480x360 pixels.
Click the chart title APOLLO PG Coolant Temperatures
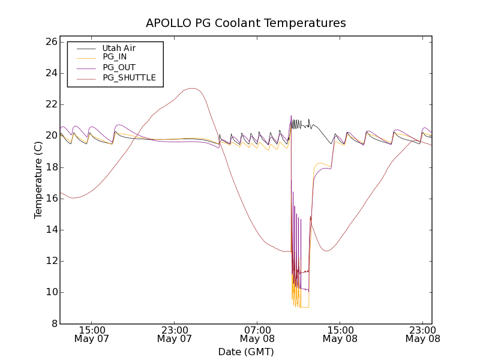click(246, 23)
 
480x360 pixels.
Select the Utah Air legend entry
click(118, 47)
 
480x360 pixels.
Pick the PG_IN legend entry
click(115, 57)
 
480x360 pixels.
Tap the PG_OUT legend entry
click(119, 67)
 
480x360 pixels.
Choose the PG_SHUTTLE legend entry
click(129, 77)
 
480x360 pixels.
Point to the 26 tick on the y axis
click(50, 42)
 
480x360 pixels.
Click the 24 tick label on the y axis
click(50, 73)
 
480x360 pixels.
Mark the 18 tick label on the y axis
click(50, 167)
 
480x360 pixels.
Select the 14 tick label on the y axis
click(50, 230)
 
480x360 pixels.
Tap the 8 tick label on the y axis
click(52, 323)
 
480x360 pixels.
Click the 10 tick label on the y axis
click(50, 292)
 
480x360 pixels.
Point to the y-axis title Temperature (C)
click(38, 180)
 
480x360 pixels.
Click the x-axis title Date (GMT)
click(246, 352)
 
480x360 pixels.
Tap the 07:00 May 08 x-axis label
click(257, 334)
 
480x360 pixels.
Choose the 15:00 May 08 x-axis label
click(340, 334)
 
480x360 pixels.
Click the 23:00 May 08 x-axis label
click(422, 334)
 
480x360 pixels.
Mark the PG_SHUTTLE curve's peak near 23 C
click(192, 88)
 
